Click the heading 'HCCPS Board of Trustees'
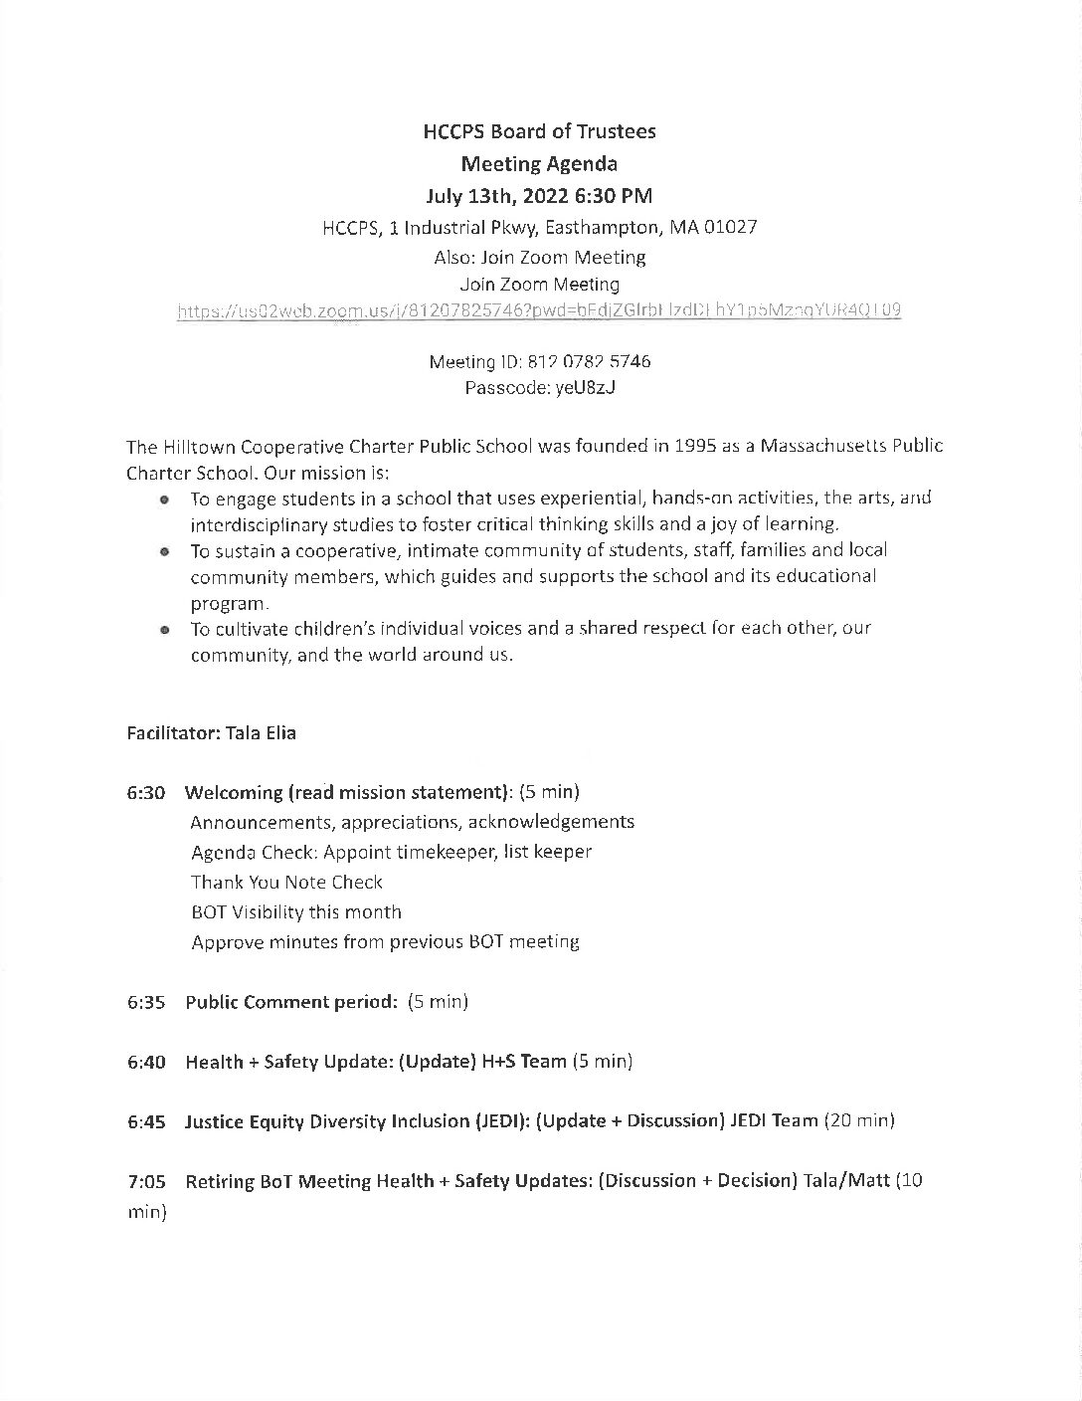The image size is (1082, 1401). point(539,131)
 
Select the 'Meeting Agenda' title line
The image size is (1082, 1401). point(539,163)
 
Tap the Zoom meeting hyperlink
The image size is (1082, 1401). point(539,310)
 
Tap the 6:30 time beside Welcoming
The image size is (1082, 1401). point(146,793)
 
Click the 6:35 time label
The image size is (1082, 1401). point(146,1002)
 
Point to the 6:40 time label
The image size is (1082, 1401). point(146,1062)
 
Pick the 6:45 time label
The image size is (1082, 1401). point(146,1121)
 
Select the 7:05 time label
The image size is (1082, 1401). point(146,1181)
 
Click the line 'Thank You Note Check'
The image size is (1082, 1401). point(286,882)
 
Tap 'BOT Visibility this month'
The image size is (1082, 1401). point(296,911)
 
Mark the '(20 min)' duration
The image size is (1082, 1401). point(859,1121)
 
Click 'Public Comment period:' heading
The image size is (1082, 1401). point(291,1002)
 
